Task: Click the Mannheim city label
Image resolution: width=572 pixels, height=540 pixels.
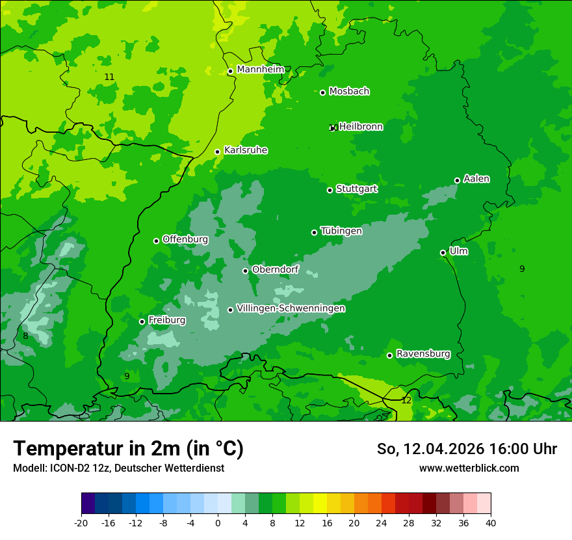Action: [x=260, y=70]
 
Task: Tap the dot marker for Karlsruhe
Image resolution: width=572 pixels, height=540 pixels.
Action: [x=218, y=152]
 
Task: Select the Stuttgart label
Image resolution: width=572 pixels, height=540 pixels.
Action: [x=356, y=189]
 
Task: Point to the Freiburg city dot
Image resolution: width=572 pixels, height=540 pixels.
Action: [x=142, y=321]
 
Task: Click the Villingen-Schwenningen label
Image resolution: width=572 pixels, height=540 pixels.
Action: [x=291, y=308]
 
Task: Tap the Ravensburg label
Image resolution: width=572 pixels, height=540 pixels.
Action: [x=422, y=354]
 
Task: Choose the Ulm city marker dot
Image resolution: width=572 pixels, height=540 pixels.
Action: [x=443, y=252]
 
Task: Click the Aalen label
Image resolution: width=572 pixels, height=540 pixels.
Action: [x=476, y=179]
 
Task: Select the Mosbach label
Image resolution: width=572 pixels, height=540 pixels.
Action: [x=349, y=92]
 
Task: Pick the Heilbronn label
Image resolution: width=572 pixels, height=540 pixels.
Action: [x=361, y=127]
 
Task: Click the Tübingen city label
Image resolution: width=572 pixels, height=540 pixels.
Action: [x=341, y=231]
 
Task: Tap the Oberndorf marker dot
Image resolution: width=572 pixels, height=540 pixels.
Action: [x=246, y=271]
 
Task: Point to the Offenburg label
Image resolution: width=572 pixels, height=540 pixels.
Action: [x=185, y=239]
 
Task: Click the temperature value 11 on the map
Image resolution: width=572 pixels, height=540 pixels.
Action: [x=109, y=77]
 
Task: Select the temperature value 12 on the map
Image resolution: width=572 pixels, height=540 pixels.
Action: [x=406, y=400]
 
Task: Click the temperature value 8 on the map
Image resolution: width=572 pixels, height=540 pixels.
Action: [x=25, y=336]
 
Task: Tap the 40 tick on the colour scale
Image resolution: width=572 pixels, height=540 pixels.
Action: [x=490, y=522]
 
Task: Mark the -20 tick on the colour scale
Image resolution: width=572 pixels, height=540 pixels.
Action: [x=81, y=522]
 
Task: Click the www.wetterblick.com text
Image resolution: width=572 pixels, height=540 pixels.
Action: [x=469, y=468]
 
